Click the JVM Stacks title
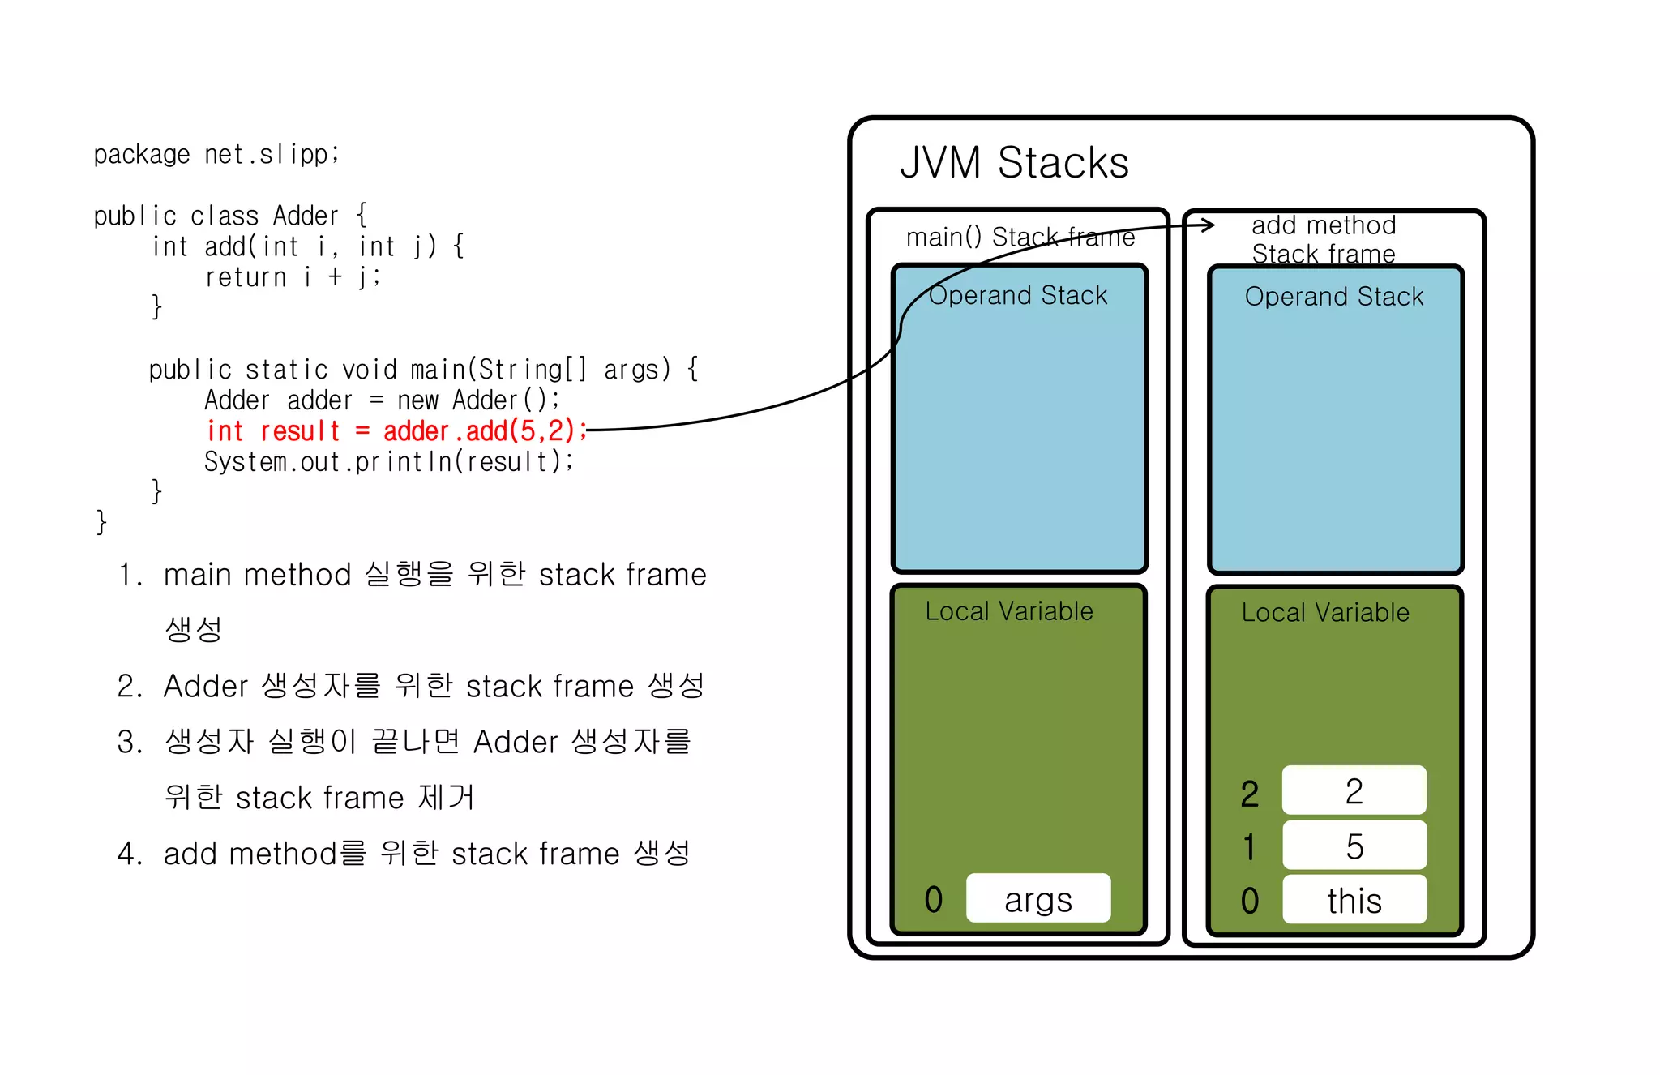point(1014,163)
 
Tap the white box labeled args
point(1038,898)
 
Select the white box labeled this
point(1354,900)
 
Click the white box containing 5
point(1354,846)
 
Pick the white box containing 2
point(1354,790)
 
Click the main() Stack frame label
point(1020,238)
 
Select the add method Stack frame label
point(1324,239)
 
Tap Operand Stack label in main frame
point(1018,295)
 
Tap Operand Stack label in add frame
point(1334,297)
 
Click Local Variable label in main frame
point(1009,611)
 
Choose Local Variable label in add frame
point(1325,613)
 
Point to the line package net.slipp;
point(216,154)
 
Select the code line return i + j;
point(292,277)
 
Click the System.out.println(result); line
point(389,461)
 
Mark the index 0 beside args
point(934,899)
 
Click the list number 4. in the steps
point(129,854)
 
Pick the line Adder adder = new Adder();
point(381,400)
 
